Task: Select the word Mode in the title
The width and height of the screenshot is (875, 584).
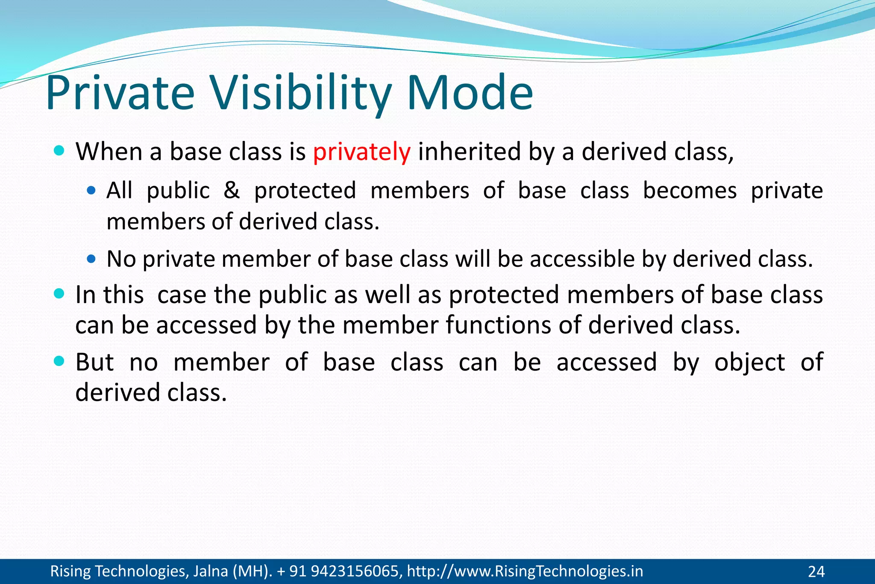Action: (470, 93)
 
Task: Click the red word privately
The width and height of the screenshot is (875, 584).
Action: (361, 152)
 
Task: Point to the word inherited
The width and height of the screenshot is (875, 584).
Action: (469, 152)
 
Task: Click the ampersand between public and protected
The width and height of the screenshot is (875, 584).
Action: (232, 190)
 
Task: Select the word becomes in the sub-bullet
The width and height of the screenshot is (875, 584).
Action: (690, 190)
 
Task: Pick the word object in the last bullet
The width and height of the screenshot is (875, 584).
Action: (749, 363)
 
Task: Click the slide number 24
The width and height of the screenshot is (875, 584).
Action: (816, 572)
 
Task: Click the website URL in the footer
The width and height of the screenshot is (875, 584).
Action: (525, 571)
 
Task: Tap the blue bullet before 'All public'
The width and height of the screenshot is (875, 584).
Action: (91, 190)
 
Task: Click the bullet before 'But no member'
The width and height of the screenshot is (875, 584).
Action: (59, 361)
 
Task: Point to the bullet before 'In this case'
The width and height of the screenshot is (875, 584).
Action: (59, 294)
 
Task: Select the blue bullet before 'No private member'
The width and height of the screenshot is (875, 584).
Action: (91, 259)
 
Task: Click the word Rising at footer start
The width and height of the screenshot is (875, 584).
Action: (70, 571)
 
